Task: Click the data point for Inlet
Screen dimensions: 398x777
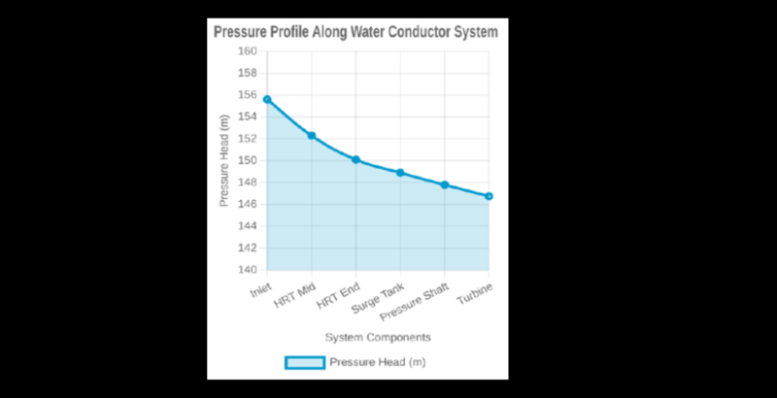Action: pos(267,99)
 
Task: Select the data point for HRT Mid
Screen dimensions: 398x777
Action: pos(312,135)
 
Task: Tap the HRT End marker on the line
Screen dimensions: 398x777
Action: pos(355,159)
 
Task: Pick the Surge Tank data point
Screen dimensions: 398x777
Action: pos(400,173)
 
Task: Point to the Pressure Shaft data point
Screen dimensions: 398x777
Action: pos(445,184)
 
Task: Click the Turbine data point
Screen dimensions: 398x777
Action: pos(489,196)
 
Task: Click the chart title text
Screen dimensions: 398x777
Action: pos(355,32)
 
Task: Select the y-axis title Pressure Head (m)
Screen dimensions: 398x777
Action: pos(224,160)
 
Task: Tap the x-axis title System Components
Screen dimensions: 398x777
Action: pos(378,337)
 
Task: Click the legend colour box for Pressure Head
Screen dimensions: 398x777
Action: pos(304,362)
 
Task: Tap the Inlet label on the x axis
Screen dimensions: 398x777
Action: pos(259,288)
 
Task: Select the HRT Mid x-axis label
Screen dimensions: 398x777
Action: pos(296,295)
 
